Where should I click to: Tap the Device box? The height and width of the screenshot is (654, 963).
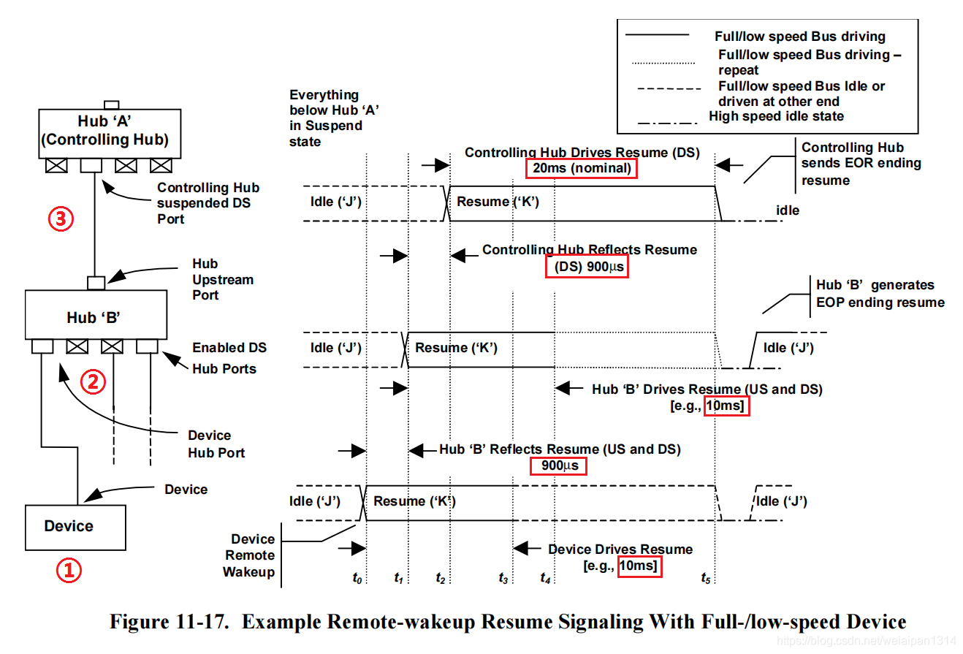click(x=75, y=526)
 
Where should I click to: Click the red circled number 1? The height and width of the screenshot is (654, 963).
click(x=69, y=571)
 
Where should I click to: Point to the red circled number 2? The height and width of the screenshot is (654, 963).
click(x=93, y=381)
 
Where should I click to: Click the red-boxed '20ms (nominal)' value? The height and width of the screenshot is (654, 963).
click(x=581, y=169)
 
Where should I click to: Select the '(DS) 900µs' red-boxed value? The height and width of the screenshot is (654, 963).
click(x=587, y=267)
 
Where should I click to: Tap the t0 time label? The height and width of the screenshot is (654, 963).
click(x=357, y=578)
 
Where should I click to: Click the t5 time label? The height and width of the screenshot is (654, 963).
click(x=706, y=578)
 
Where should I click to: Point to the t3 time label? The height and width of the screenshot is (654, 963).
click(x=503, y=578)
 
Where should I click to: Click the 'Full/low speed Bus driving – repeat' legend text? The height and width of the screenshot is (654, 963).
click(x=810, y=62)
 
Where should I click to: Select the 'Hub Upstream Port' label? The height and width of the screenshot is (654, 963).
click(x=212, y=279)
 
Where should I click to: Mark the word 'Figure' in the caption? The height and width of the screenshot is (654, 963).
click(x=142, y=622)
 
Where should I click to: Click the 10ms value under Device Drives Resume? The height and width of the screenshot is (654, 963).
click(x=639, y=566)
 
